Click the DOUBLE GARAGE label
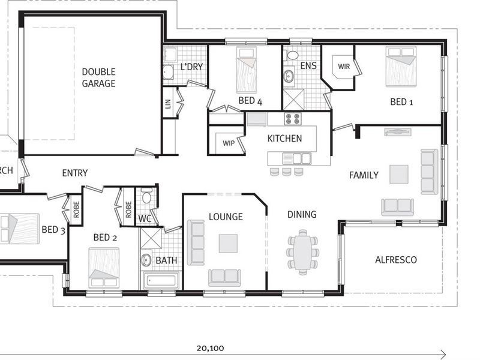point(98,77)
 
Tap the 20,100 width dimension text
point(209,347)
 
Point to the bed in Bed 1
point(400,67)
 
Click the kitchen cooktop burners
point(292,119)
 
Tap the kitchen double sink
point(298,158)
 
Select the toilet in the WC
point(146,197)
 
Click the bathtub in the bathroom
point(160,280)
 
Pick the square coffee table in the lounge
point(228,243)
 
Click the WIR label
point(344,67)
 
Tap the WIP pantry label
point(228,143)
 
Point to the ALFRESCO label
point(395,260)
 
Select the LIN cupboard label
point(167,107)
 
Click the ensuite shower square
point(293,99)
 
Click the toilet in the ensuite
point(292,55)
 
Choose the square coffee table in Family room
point(398,174)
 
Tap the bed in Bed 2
point(104,267)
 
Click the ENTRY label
point(75,173)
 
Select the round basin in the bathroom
point(146,260)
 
